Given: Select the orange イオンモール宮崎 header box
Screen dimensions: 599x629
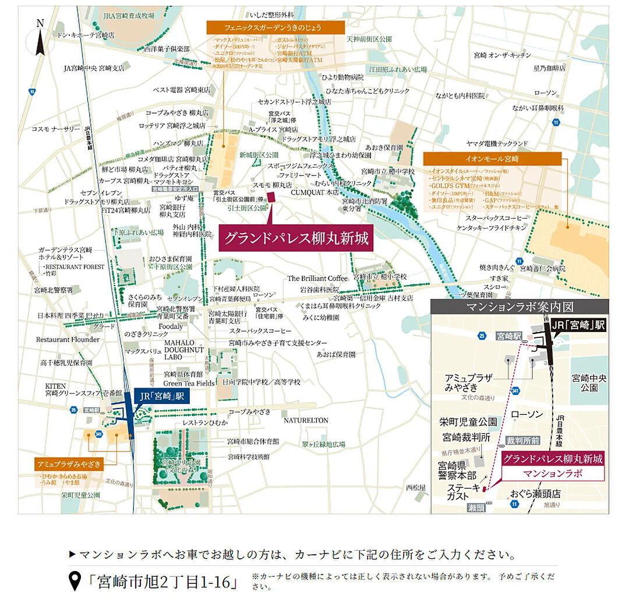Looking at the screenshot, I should coord(492,158).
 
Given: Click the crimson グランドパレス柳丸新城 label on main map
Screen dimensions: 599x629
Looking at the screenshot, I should coord(296,239).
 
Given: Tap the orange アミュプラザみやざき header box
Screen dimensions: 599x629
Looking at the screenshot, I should coord(69,464).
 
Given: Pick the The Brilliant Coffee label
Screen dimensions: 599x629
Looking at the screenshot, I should coord(317,279).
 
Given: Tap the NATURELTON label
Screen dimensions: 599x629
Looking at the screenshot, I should coord(306,420).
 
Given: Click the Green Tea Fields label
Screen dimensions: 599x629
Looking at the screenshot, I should coord(189,383).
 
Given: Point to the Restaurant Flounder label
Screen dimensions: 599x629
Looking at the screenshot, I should coord(68,339).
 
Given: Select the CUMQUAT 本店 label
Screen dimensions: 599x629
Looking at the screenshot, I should coord(314,192).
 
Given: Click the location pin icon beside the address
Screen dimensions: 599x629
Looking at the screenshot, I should coord(75,581).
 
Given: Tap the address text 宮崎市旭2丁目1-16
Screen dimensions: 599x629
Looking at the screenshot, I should coord(161,581).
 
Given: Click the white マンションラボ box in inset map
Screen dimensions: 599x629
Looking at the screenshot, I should coord(553,474).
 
